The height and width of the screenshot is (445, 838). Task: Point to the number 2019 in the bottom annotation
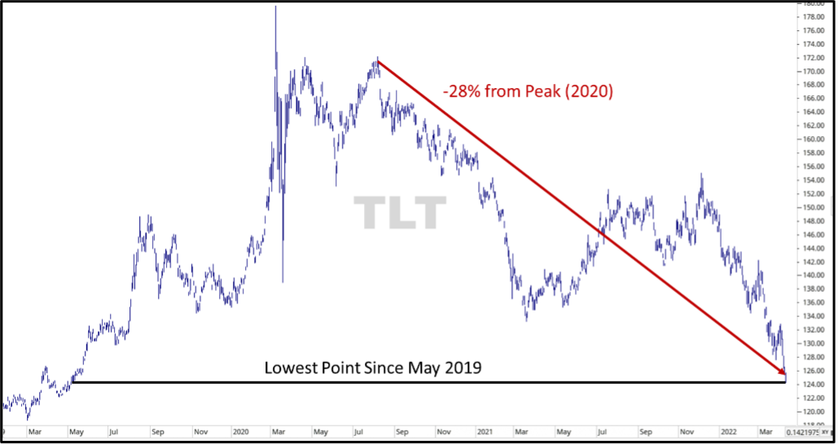pos(463,368)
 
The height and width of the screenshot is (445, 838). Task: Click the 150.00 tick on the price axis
pos(811,207)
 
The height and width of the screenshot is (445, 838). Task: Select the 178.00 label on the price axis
pos(811,16)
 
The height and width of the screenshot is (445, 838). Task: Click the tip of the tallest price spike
pos(275,7)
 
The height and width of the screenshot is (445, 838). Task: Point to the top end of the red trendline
pos(378,60)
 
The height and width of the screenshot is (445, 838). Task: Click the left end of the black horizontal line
pos(73,381)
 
